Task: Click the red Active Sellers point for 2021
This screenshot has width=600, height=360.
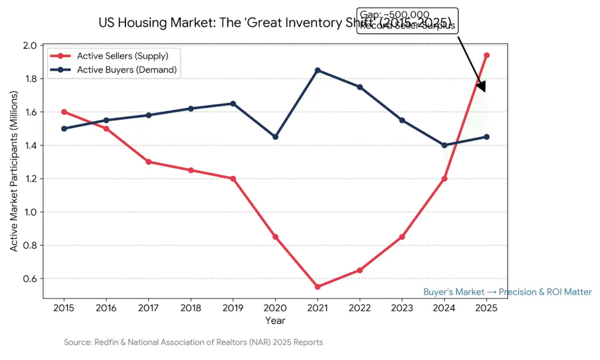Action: click(318, 287)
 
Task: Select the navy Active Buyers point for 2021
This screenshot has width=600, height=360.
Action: click(318, 70)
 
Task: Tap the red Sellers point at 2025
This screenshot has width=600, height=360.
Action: click(486, 55)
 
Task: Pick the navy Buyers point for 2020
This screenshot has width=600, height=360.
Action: click(275, 137)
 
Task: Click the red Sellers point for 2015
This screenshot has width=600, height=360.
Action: click(64, 112)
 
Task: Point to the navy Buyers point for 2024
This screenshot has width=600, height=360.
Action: click(444, 145)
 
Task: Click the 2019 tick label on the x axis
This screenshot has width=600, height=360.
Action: click(233, 308)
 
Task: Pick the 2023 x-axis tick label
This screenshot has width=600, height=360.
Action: click(402, 308)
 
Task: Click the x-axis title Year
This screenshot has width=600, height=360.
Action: click(275, 321)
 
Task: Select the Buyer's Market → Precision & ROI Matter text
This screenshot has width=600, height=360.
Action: click(507, 292)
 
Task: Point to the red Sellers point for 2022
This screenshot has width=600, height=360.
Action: click(360, 270)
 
